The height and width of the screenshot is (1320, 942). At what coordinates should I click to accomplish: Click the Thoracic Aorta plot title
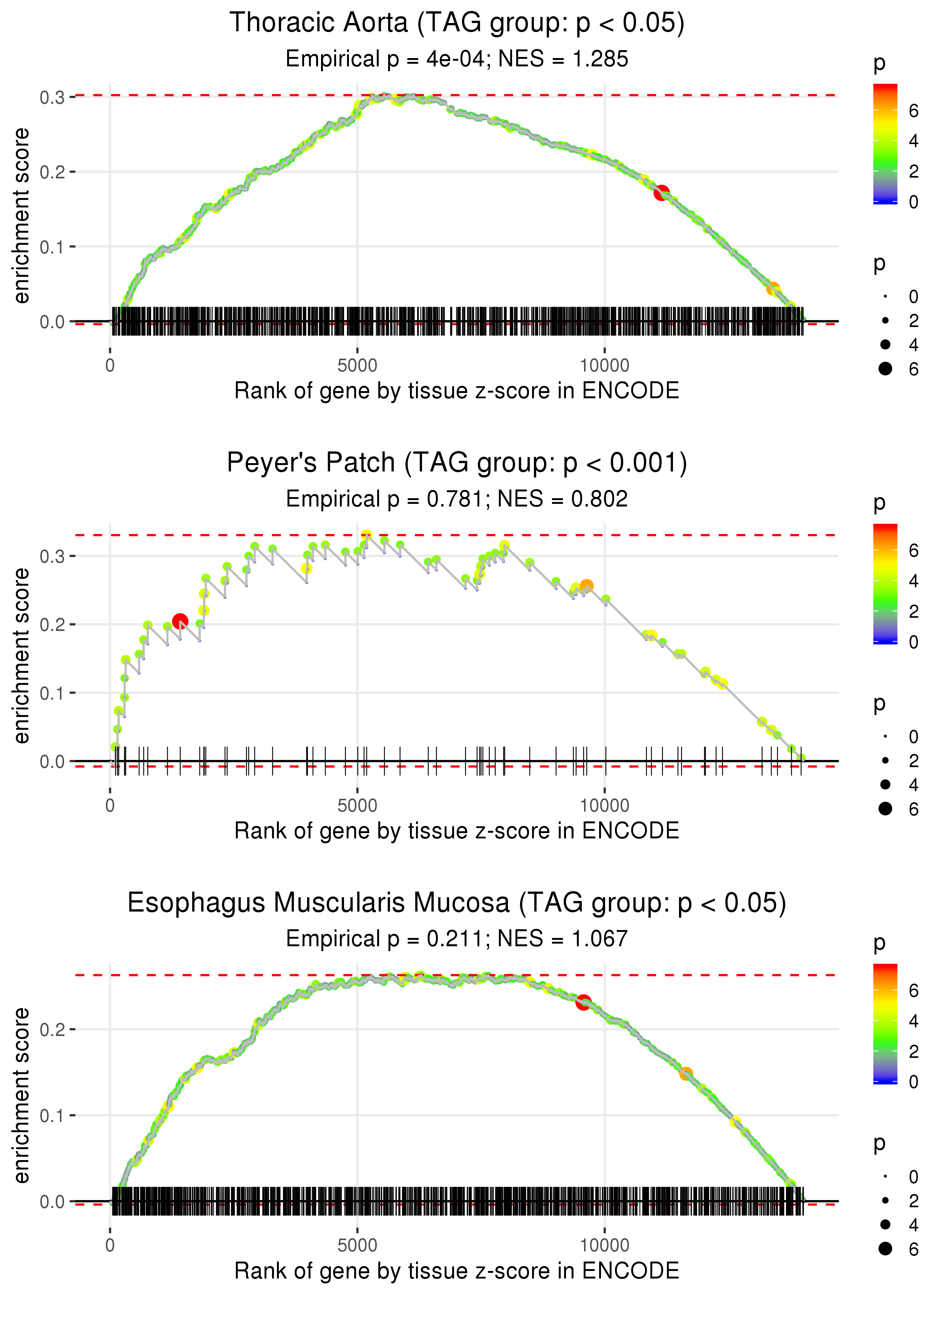457,23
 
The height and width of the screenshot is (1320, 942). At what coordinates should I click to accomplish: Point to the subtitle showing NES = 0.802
457,499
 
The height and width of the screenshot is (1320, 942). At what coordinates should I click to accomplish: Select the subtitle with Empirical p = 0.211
457,939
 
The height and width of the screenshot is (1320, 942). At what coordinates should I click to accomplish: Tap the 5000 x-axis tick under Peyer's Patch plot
357,806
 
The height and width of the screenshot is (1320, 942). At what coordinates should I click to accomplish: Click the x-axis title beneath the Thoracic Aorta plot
457,391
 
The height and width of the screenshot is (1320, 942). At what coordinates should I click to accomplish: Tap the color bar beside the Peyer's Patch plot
885,583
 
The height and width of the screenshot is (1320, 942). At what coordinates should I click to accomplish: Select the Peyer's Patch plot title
457,463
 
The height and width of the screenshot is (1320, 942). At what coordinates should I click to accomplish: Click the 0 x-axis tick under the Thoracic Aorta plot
110,366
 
